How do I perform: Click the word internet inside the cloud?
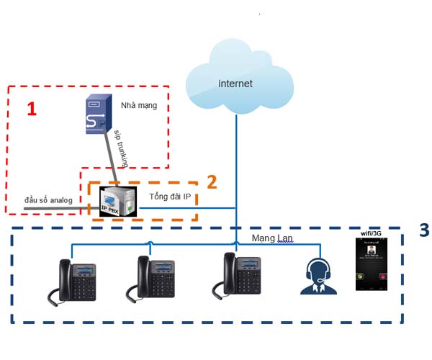[235, 84]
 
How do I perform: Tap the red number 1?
[31, 109]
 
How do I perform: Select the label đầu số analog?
[48, 199]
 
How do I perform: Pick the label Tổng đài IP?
[170, 196]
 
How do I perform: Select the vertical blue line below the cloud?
[235, 158]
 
